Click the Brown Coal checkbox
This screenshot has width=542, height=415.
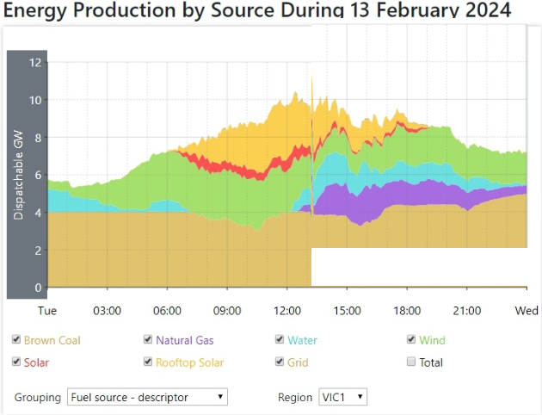[16, 340]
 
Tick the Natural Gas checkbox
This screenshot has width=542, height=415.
[148, 340]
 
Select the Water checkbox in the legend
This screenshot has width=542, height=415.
[280, 340]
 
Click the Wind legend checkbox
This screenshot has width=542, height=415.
[411, 340]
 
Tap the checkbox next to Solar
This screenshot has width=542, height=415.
[16, 362]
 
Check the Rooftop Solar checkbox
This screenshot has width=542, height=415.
[148, 362]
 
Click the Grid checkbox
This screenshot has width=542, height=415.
[280, 362]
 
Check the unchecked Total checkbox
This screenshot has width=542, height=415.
[411, 362]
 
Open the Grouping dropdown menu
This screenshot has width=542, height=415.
[147, 397]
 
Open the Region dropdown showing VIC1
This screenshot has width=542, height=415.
[342, 397]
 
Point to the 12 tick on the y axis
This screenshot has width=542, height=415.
[34, 62]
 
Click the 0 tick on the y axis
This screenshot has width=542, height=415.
[37, 288]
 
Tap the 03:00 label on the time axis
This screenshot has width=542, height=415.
[107, 310]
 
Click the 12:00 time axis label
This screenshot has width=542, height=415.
[286, 310]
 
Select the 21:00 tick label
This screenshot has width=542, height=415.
[466, 310]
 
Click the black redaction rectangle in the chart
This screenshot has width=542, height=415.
[420, 266]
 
